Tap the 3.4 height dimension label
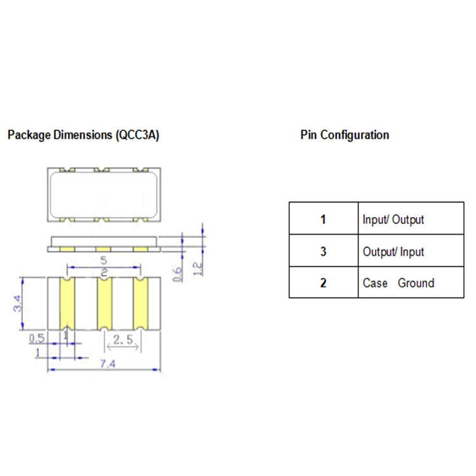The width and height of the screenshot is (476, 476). pyautogui.click(x=18, y=303)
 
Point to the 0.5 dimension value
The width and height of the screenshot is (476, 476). pyautogui.click(x=37, y=338)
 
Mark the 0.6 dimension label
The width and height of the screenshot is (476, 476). pyautogui.click(x=180, y=274)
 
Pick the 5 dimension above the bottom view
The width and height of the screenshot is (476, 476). pyautogui.click(x=103, y=261)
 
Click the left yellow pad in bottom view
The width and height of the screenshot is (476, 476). pyautogui.click(x=67, y=303)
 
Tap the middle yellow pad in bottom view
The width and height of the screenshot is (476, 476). pyautogui.click(x=103, y=303)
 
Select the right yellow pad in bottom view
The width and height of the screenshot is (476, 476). pyautogui.click(x=140, y=303)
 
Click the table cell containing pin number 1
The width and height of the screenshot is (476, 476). pyautogui.click(x=323, y=220)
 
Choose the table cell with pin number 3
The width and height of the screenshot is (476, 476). pyautogui.click(x=323, y=251)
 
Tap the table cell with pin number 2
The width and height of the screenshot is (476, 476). pyautogui.click(x=323, y=283)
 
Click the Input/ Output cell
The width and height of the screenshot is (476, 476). pyautogui.click(x=410, y=220)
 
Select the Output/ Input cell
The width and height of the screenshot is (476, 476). pyautogui.click(x=410, y=251)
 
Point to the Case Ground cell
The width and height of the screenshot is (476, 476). pyautogui.click(x=410, y=283)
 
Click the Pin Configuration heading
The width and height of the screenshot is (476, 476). pyautogui.click(x=345, y=135)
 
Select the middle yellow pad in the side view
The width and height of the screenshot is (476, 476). pyautogui.click(x=103, y=249)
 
